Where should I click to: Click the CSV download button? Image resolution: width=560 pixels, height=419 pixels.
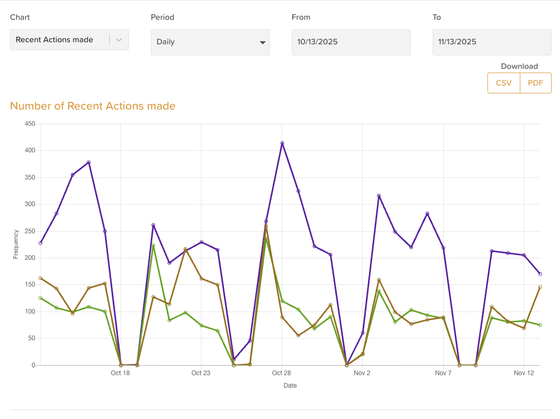click(x=504, y=83)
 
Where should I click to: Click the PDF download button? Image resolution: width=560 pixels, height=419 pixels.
click(x=535, y=83)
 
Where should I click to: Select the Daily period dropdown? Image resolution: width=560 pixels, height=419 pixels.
click(x=210, y=42)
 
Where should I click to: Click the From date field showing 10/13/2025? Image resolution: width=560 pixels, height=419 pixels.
click(x=351, y=42)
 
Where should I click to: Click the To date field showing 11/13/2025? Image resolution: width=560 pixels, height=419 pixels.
click(x=492, y=42)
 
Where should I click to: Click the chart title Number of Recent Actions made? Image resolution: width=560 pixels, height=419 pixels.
click(x=93, y=106)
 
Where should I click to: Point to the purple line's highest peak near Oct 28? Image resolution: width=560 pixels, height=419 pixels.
click(x=282, y=143)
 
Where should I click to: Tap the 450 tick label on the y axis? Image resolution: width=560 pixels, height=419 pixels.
click(x=30, y=124)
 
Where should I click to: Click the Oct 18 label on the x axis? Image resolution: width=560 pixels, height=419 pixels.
click(x=120, y=373)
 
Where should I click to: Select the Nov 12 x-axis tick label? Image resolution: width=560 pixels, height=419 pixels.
click(x=524, y=373)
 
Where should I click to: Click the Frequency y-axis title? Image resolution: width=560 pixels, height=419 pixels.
click(x=16, y=244)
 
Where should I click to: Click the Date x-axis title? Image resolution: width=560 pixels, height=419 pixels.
click(x=290, y=386)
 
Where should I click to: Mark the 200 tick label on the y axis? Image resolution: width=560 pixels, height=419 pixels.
click(x=30, y=258)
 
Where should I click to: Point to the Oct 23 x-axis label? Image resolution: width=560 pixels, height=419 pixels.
click(x=201, y=373)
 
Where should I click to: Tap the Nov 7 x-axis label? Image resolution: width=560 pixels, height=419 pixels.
click(x=443, y=373)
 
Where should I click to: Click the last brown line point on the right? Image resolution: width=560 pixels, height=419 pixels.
click(x=540, y=287)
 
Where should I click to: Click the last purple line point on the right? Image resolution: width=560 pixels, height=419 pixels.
click(x=540, y=274)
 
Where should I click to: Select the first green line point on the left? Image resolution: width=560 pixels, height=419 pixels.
click(x=40, y=298)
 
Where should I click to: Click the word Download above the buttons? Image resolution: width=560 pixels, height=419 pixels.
click(x=519, y=66)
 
